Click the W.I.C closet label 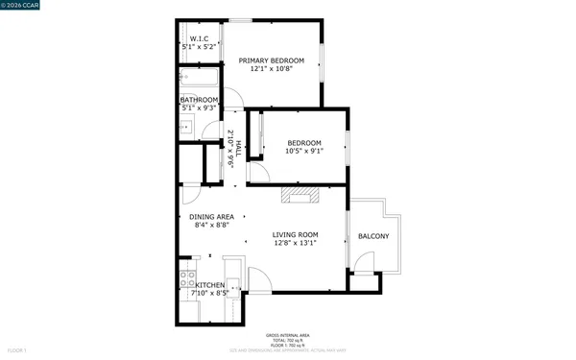(x=200, y=38)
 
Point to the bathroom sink (x=188, y=126)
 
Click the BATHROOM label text (x=200, y=100)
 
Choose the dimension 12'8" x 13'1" (x=295, y=243)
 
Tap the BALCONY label (x=373, y=236)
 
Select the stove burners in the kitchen (x=186, y=282)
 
